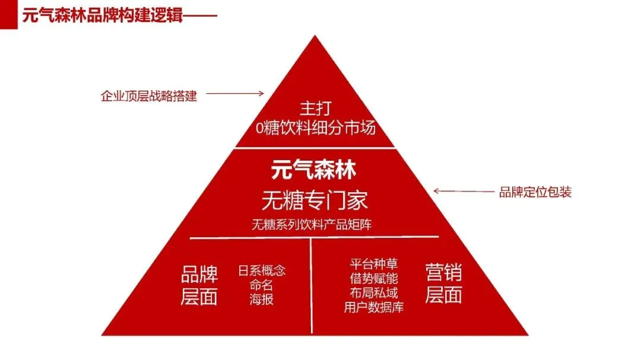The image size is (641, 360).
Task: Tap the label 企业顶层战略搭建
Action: tap(148, 95)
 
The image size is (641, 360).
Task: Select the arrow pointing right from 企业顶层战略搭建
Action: tap(234, 93)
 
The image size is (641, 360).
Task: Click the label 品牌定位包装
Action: tap(535, 192)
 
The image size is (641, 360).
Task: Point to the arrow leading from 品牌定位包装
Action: tap(462, 191)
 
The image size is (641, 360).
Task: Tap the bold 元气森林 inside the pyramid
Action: tap(314, 171)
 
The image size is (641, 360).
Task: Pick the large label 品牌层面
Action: tap(199, 285)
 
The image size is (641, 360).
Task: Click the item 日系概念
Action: tap(262, 270)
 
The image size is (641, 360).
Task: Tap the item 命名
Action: tap(262, 285)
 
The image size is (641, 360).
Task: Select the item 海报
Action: tap(262, 299)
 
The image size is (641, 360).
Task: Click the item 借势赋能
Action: tap(374, 278)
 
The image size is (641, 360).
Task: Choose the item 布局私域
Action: tap(374, 292)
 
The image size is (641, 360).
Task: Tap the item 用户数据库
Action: tap(374, 307)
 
